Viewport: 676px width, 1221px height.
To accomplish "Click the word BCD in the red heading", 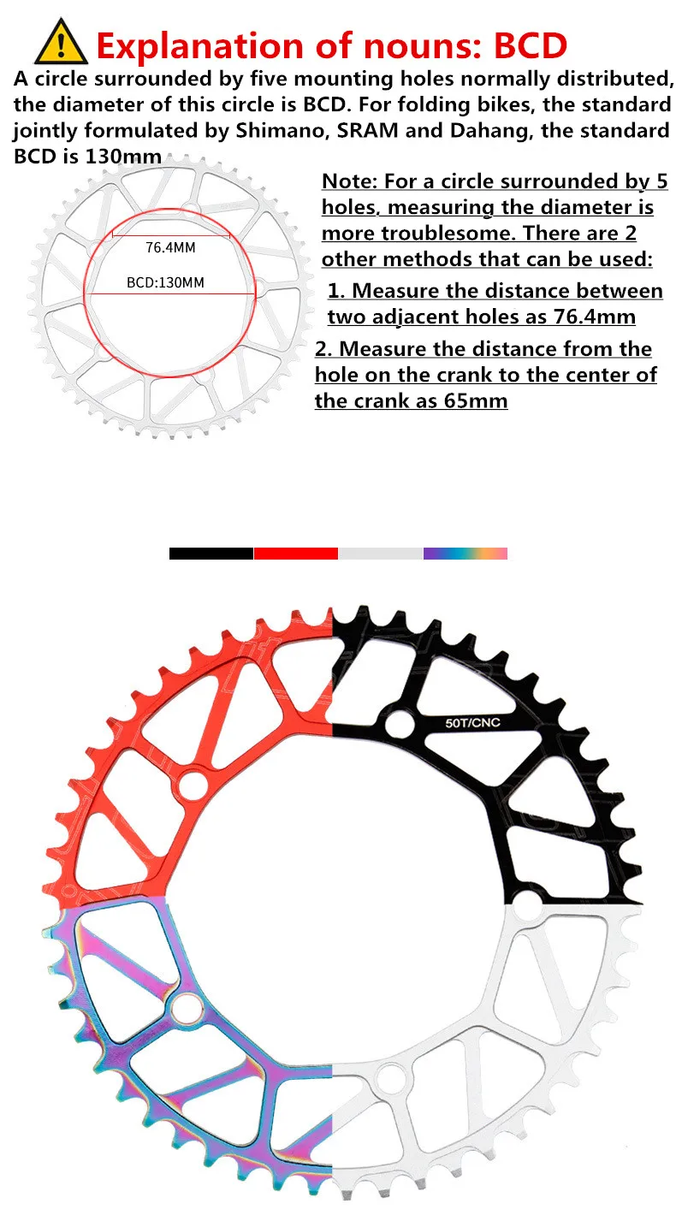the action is tap(528, 44).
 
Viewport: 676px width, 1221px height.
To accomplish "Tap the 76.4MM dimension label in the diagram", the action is tap(170, 248).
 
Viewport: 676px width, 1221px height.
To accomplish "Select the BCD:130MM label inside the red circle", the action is tap(165, 282).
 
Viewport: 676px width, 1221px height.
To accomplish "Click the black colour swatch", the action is tap(211, 554).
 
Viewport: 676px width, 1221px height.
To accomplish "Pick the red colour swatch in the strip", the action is tap(295, 554).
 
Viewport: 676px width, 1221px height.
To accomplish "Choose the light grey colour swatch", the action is tap(380, 554).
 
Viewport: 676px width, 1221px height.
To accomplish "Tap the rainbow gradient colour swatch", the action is tap(465, 554).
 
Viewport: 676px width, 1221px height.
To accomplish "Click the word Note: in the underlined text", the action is tap(349, 181).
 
